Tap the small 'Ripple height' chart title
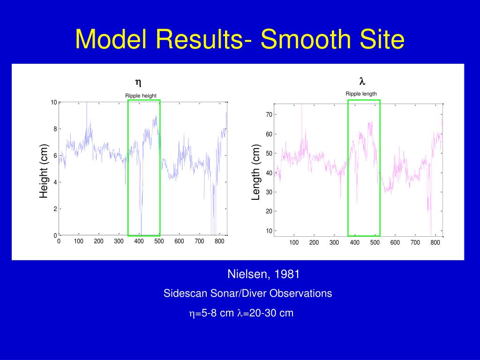click(x=141, y=96)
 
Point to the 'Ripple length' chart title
click(x=361, y=94)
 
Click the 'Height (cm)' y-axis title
click(x=44, y=171)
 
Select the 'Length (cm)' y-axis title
click(x=256, y=172)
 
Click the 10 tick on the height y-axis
click(x=54, y=103)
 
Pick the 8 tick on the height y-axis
click(x=55, y=129)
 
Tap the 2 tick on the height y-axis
click(x=55, y=209)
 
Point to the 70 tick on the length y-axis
click(x=269, y=115)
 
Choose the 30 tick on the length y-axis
click(x=269, y=192)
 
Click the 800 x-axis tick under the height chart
click(x=219, y=241)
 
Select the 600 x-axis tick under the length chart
click(x=395, y=242)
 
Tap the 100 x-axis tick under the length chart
click(x=294, y=242)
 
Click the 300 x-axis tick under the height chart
click(x=119, y=241)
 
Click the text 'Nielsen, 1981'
click(x=263, y=274)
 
